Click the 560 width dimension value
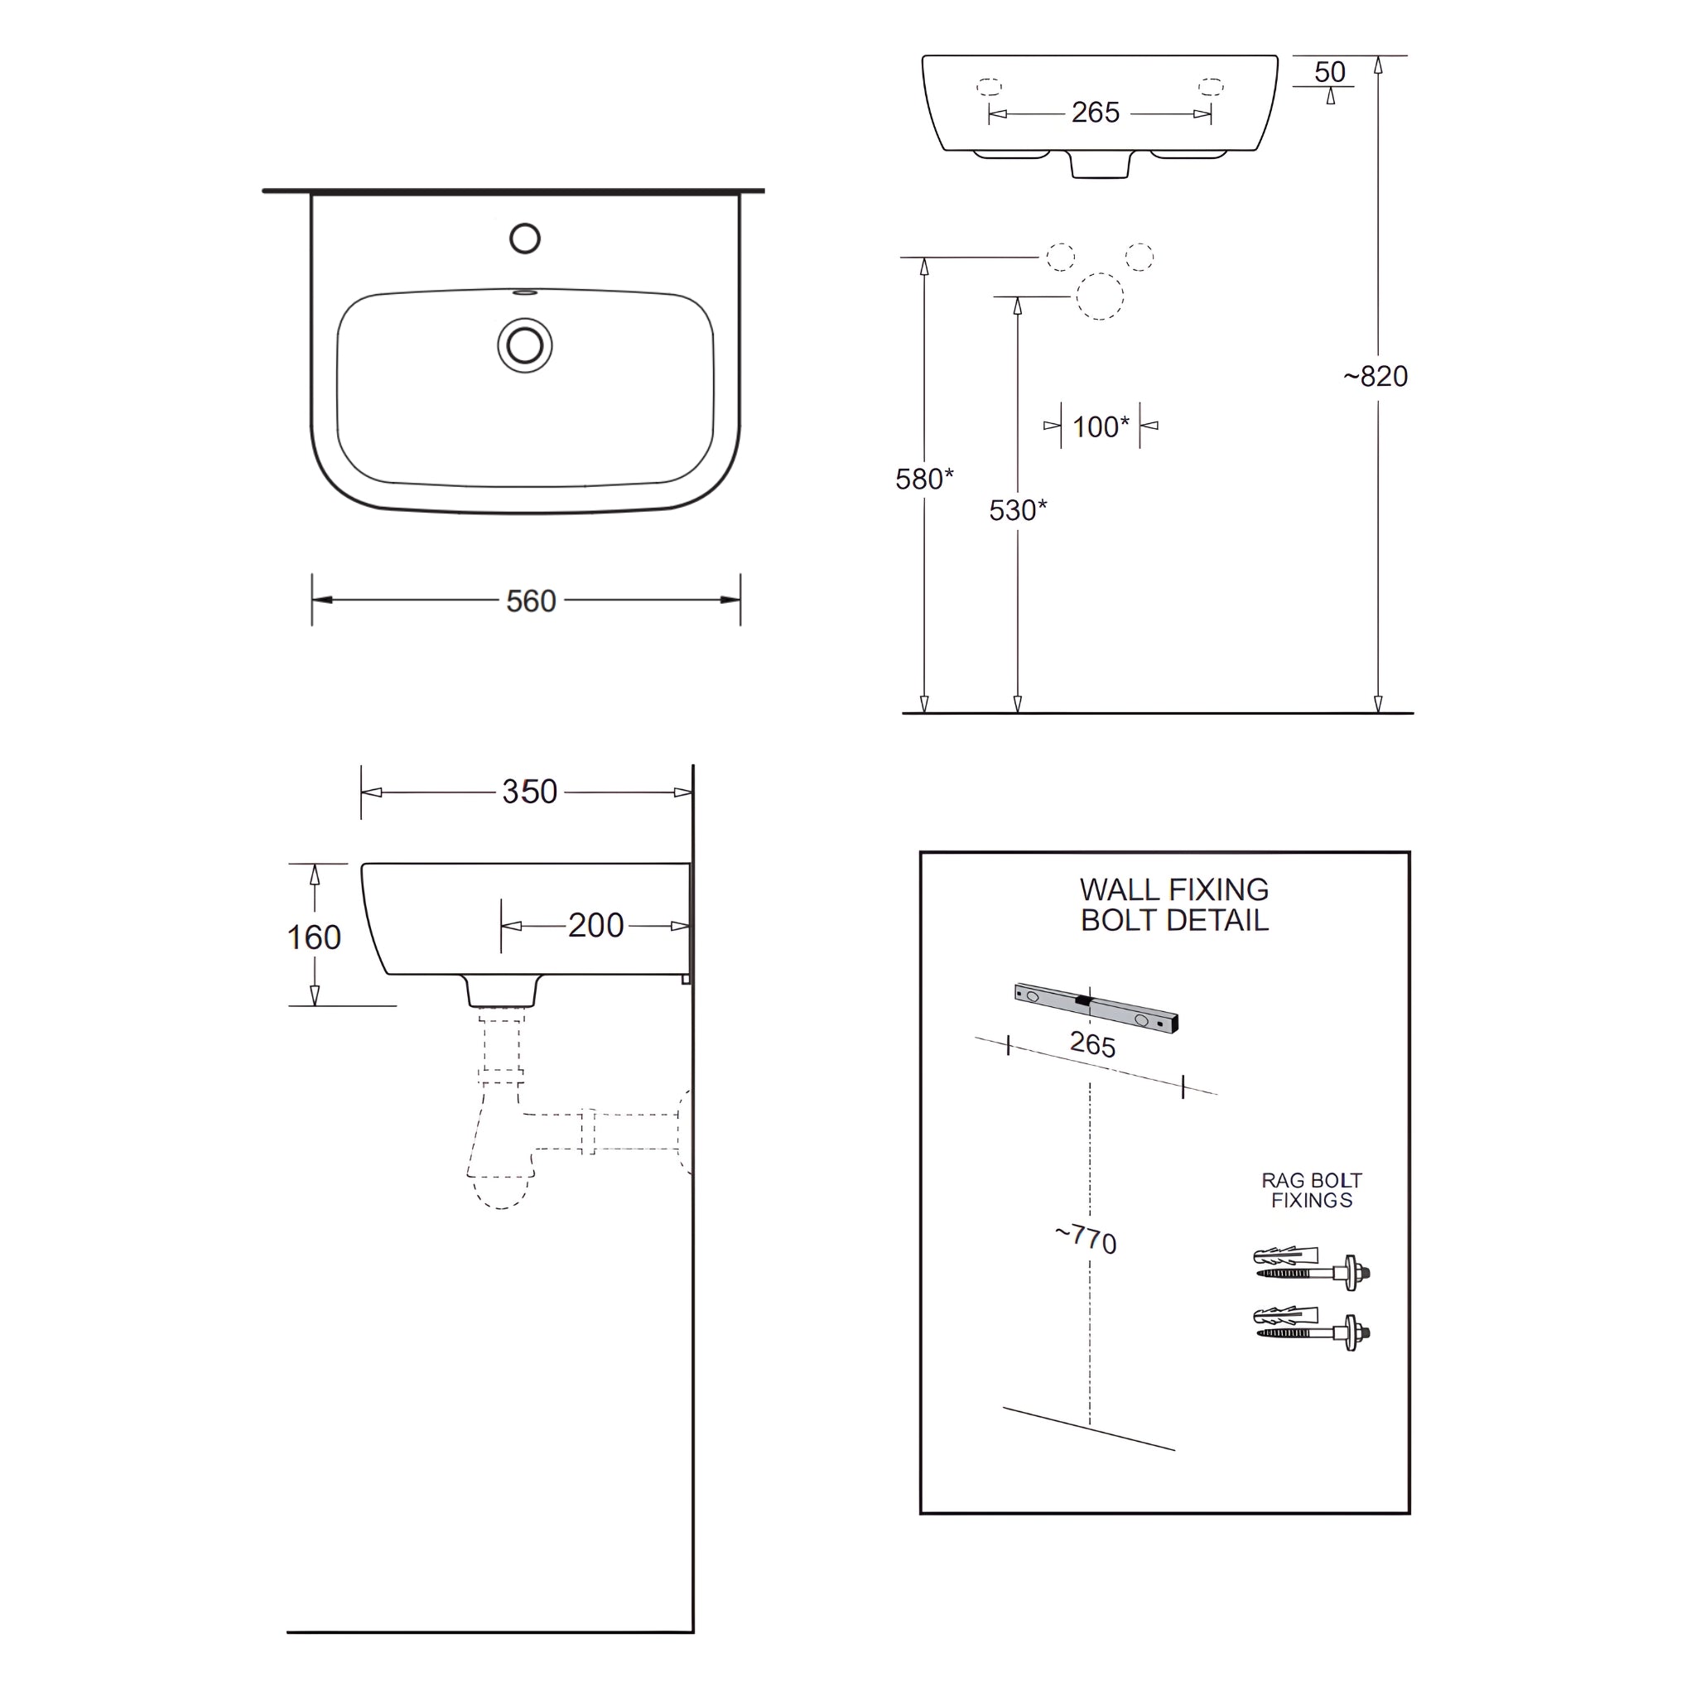531,601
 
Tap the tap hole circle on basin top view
525,238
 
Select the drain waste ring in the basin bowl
525,345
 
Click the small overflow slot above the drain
525,292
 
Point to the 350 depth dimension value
529,792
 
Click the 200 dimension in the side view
595,925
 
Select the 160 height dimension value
313,937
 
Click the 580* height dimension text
923,479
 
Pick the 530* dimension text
1018,510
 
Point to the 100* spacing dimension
1100,426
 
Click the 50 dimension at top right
1330,72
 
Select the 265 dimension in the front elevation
1096,113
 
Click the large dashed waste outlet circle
1100,296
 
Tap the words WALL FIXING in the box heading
1173,889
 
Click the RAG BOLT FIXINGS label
1312,1190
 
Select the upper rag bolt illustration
1312,1266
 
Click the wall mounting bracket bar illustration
1096,1007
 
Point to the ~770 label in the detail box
1086,1239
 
